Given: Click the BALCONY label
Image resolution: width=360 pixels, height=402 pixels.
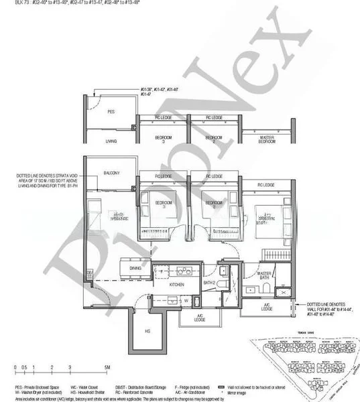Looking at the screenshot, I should point(111,174).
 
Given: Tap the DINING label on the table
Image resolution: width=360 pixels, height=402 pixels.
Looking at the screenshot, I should point(135,268).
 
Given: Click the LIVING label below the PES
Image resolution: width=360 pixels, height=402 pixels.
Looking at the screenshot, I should point(111,141).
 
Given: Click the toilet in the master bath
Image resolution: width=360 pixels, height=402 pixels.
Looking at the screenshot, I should point(266,287).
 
